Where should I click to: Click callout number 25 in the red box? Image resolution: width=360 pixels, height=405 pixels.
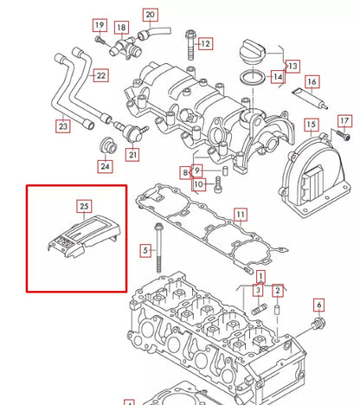pyautogui.click(x=84, y=206)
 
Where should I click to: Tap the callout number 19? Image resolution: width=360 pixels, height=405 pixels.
pyautogui.click(x=100, y=25)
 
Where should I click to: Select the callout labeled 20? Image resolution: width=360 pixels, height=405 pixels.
pyautogui.click(x=150, y=16)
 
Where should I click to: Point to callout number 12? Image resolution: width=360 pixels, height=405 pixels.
pyautogui.click(x=205, y=43)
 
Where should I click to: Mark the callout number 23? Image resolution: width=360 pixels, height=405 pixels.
pyautogui.click(x=63, y=126)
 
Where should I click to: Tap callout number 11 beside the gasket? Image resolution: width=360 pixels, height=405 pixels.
pyautogui.click(x=241, y=213)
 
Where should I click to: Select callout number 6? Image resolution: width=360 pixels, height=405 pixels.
pyautogui.click(x=318, y=305)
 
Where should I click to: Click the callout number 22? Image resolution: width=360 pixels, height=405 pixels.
pyautogui.click(x=101, y=75)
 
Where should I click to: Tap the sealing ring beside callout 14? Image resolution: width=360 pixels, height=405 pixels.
pyautogui.click(x=252, y=80)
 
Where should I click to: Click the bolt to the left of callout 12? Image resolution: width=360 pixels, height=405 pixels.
pyautogui.click(x=188, y=39)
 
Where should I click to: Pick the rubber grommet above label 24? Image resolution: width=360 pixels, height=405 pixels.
pyautogui.click(x=107, y=141)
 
